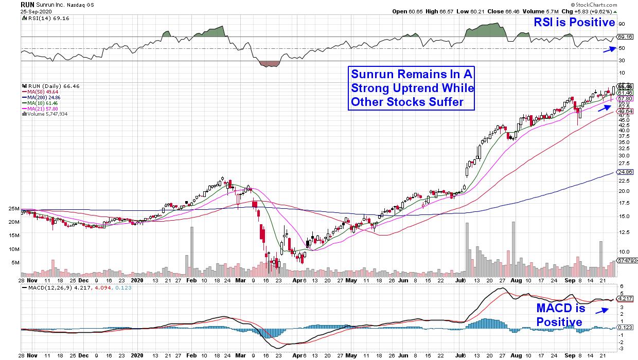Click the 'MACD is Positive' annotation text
(560, 315)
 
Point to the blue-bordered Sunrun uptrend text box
(412, 87)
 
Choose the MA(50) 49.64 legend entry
(38, 92)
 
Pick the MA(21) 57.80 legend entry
(38, 109)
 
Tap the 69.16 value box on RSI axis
(624, 37)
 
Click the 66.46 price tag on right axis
(624, 86)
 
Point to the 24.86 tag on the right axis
(624, 172)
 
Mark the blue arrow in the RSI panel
(610, 49)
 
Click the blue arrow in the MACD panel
(602, 310)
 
